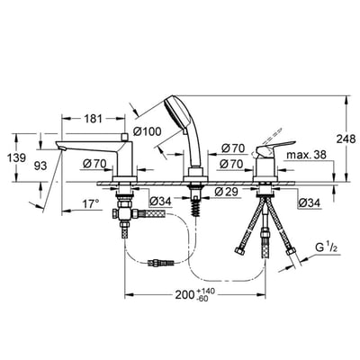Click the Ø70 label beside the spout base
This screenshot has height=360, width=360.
96,164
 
